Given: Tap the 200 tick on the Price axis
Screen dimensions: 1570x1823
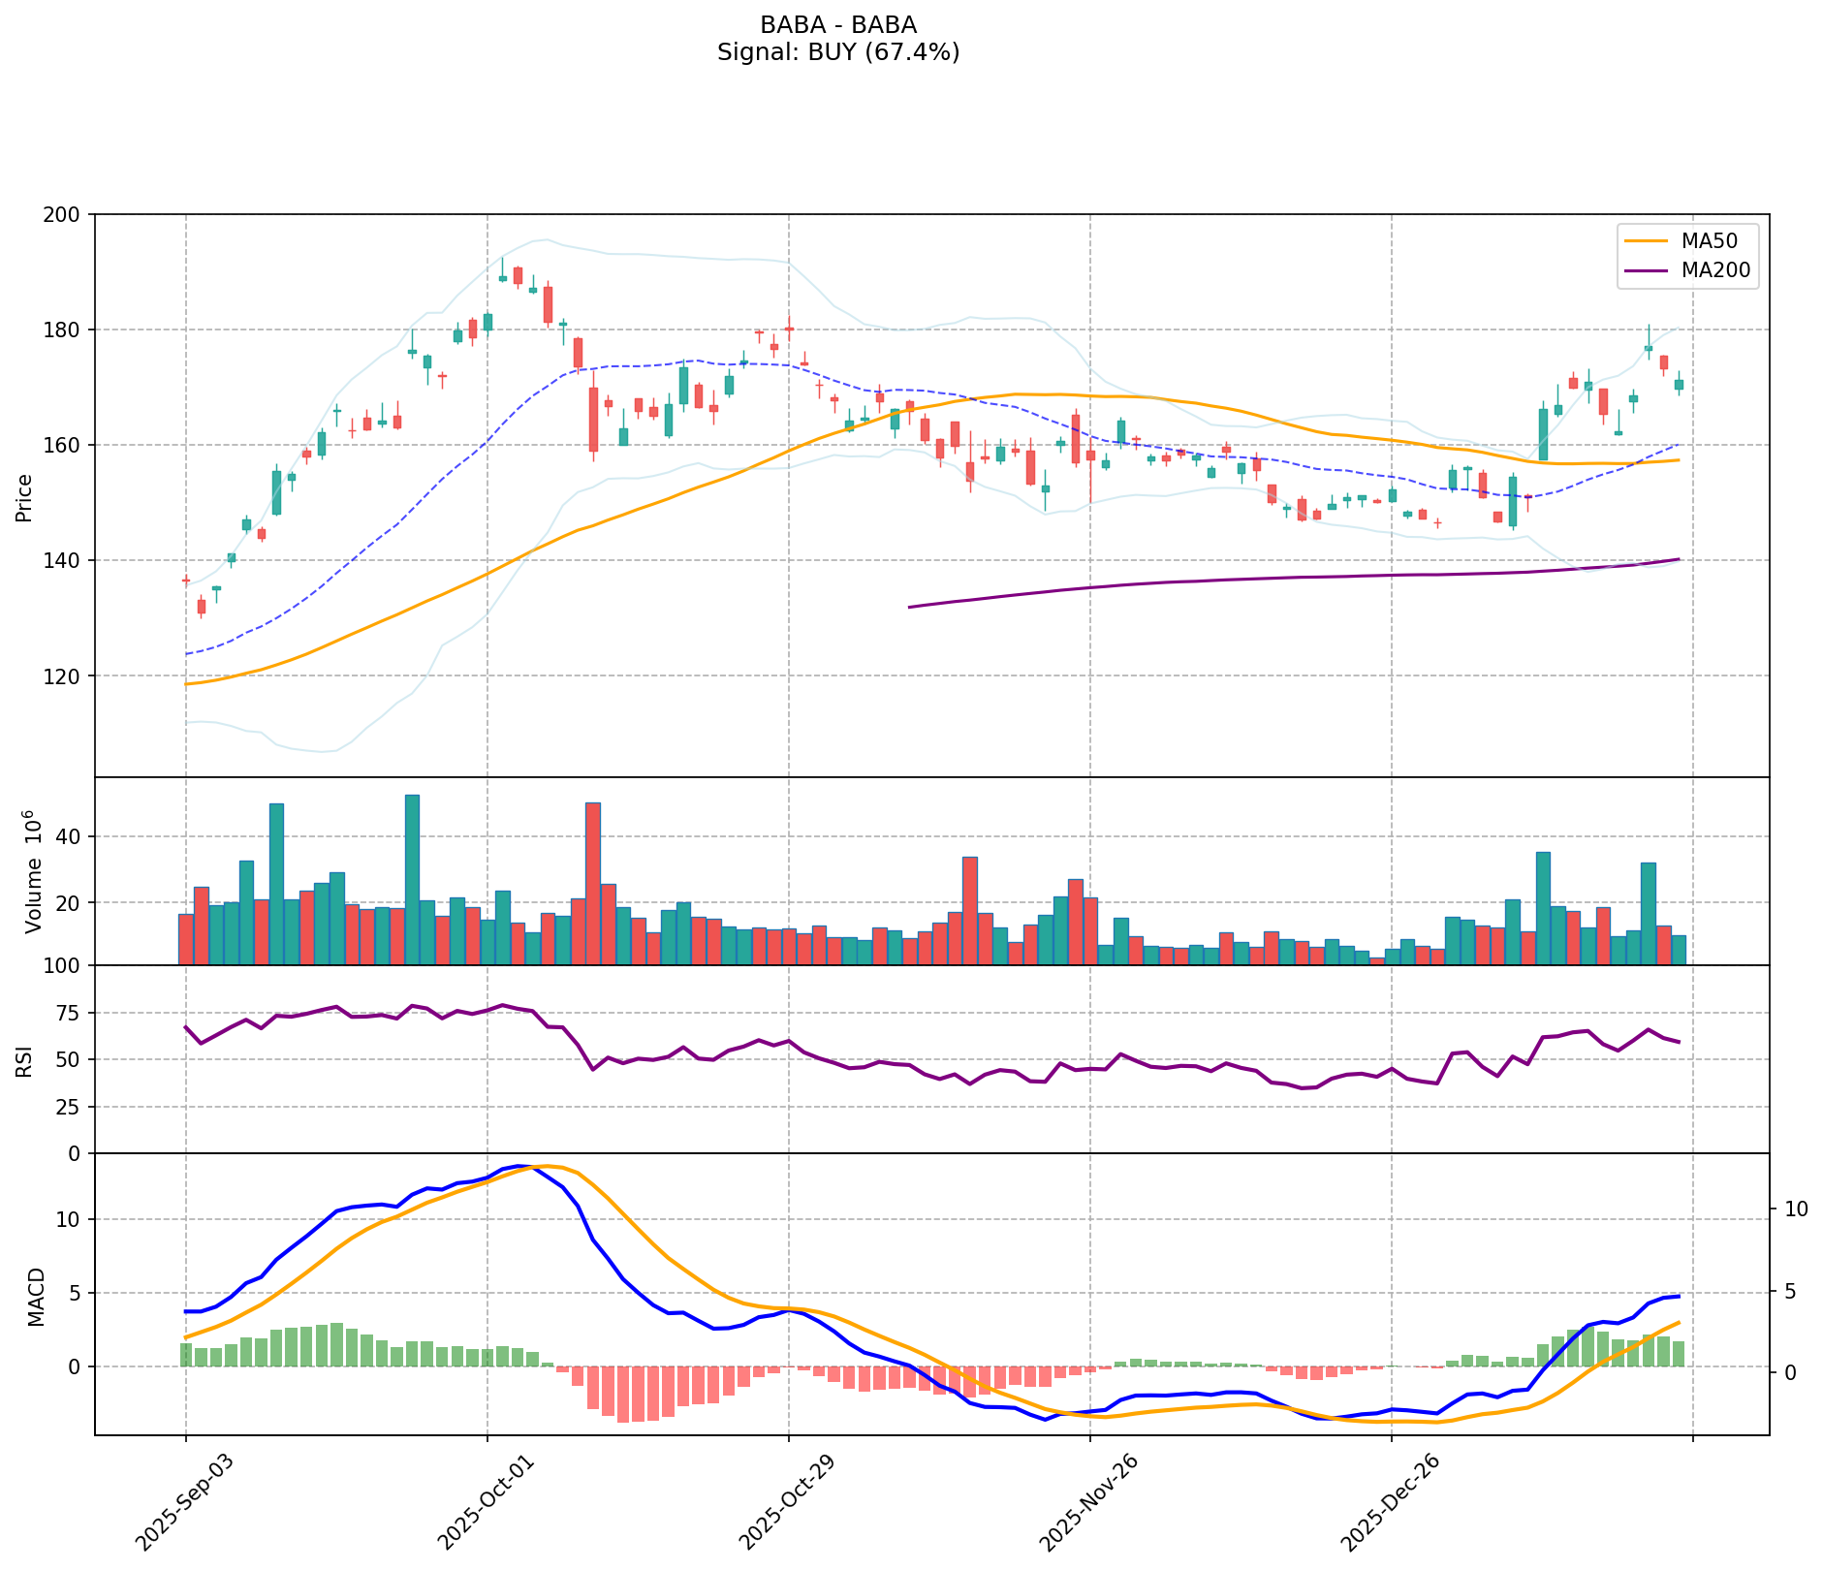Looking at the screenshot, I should point(68,214).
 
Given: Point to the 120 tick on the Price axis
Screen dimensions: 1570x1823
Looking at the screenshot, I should point(68,675).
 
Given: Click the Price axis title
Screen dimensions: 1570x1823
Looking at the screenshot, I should point(25,497).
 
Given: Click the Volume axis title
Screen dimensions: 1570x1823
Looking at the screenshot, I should point(35,871).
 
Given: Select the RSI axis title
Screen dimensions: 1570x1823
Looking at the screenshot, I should point(25,1060).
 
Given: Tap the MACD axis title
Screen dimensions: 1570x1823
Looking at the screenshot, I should point(36,1296).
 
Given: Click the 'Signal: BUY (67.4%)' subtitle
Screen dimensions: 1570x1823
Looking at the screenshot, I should point(838,52).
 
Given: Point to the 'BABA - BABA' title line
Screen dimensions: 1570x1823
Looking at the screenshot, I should point(838,25).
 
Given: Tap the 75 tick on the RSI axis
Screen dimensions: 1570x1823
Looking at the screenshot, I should point(71,1014).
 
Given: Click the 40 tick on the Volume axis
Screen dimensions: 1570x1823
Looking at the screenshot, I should point(71,836).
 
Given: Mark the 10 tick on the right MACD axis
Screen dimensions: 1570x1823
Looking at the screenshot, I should point(1794,1209).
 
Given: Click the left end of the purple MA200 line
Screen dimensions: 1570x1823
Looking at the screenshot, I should point(909,607).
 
